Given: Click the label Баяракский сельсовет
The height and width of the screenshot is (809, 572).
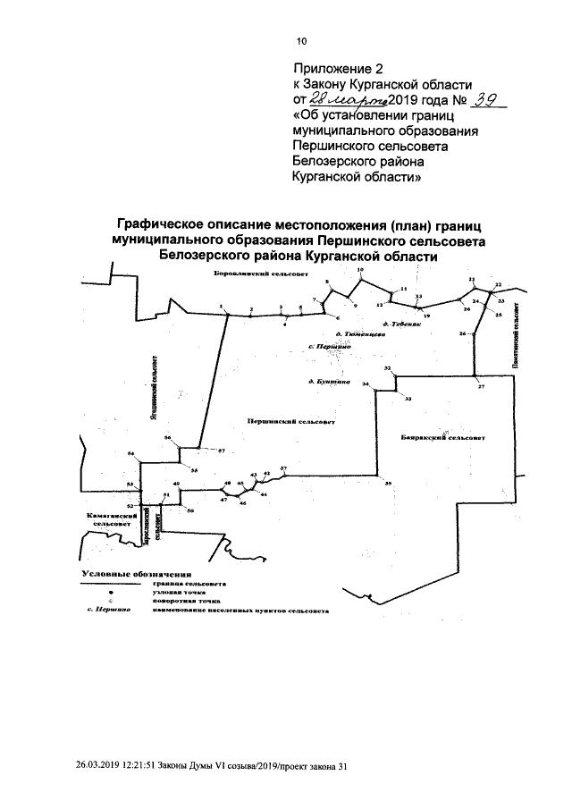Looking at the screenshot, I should [x=444, y=438].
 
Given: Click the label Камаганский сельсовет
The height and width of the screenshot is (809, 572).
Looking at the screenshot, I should [x=104, y=521].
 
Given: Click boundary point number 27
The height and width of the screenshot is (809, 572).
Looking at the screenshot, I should [x=480, y=386].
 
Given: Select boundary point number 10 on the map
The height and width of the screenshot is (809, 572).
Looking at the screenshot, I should [x=360, y=269].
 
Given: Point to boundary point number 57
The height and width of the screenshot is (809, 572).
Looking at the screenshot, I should [x=221, y=450].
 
